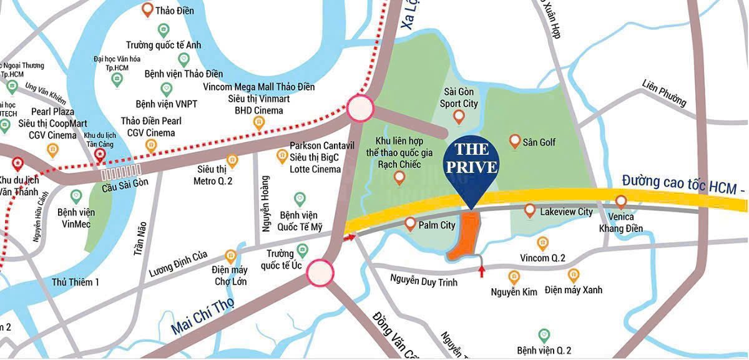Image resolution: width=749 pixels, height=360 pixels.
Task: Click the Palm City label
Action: click(x=438, y=225)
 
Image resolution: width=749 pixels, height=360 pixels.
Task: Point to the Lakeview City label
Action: click(x=567, y=212)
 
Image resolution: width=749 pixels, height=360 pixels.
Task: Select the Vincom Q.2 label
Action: click(x=542, y=258)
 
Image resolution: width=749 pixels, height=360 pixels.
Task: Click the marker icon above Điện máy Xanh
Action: click(x=573, y=275)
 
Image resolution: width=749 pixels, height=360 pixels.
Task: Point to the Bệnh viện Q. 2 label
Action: click(x=544, y=351)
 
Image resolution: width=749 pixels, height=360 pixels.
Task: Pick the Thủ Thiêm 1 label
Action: click(x=76, y=282)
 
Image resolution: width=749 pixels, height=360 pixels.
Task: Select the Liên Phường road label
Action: click(x=664, y=93)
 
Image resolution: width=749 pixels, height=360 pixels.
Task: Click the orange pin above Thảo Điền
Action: click(x=147, y=9)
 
